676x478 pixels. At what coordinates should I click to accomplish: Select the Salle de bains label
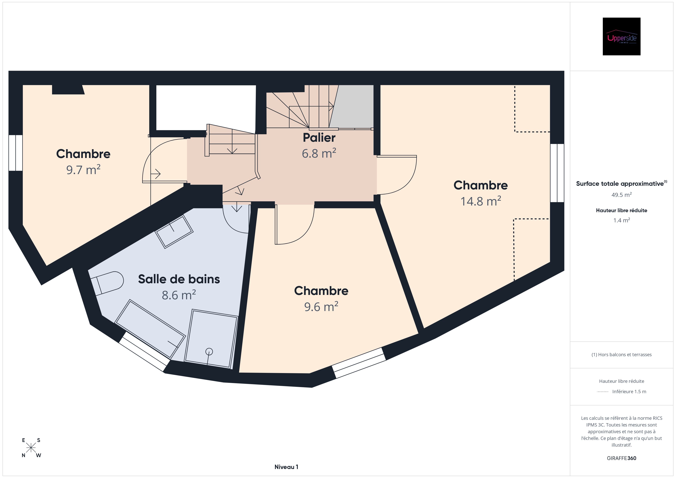tap(179, 279)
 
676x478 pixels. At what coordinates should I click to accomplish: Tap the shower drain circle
tap(209, 351)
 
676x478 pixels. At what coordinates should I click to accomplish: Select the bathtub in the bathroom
tap(150, 329)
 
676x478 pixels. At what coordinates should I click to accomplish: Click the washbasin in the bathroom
tap(174, 231)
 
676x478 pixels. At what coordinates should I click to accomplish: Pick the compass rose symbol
tap(31, 448)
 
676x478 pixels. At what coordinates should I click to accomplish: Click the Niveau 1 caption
tap(286, 467)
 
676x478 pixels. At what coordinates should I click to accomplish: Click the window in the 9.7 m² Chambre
tap(16, 153)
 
